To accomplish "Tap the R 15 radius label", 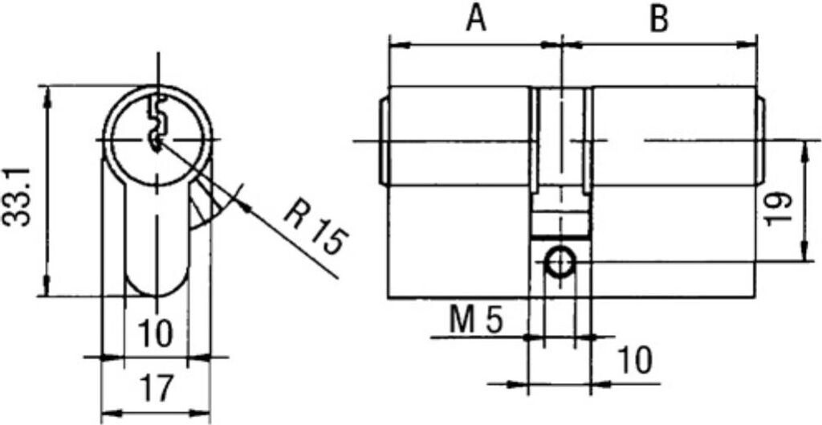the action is [x=315, y=227].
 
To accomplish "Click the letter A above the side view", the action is [x=476, y=19].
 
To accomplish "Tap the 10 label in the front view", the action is [x=156, y=333].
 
